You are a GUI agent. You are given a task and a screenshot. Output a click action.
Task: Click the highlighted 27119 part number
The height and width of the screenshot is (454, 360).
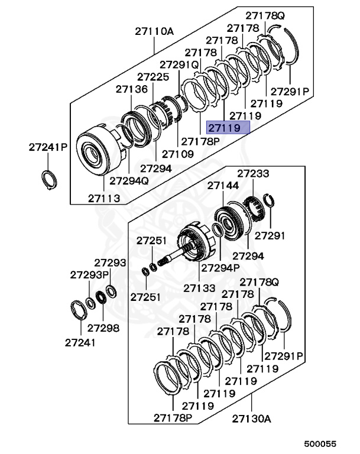[x=228, y=128]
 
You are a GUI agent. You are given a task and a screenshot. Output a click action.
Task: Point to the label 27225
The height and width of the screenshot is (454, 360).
[x=153, y=77]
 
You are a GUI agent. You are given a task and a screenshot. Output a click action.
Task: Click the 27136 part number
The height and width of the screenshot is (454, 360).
[x=131, y=89]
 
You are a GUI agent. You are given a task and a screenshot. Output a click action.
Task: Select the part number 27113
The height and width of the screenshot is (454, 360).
[x=103, y=198]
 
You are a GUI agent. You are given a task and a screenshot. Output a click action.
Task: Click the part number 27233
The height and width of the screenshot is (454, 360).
[x=253, y=174]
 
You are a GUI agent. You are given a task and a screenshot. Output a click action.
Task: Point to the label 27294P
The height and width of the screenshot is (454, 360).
[x=220, y=267]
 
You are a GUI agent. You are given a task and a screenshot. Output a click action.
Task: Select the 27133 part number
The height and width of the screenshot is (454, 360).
[x=199, y=287]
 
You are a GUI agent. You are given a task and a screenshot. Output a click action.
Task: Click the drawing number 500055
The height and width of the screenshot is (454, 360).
[x=320, y=443]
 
